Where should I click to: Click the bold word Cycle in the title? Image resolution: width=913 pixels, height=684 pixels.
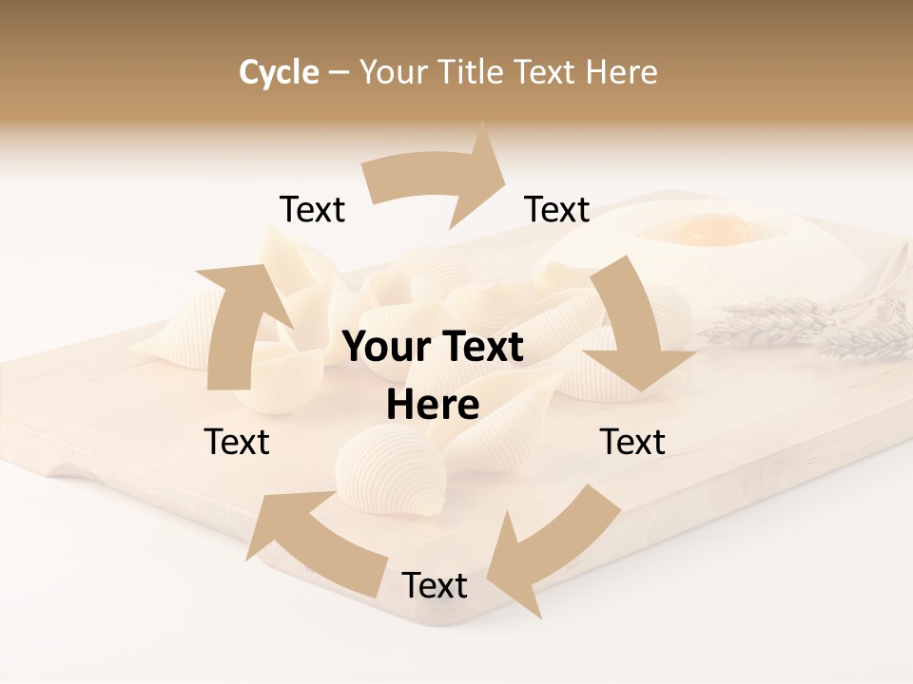pos(279,72)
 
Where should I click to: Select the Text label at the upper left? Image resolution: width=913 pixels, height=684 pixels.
pos(312,210)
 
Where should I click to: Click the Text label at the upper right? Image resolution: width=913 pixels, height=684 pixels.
pos(557,210)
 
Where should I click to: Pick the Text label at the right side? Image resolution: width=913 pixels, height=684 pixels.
pos(632,442)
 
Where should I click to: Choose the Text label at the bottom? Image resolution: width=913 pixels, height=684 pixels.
pos(435,586)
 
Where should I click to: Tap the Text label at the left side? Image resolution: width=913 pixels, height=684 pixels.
pos(237,442)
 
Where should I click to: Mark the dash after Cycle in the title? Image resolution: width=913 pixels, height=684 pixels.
pos(339,73)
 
